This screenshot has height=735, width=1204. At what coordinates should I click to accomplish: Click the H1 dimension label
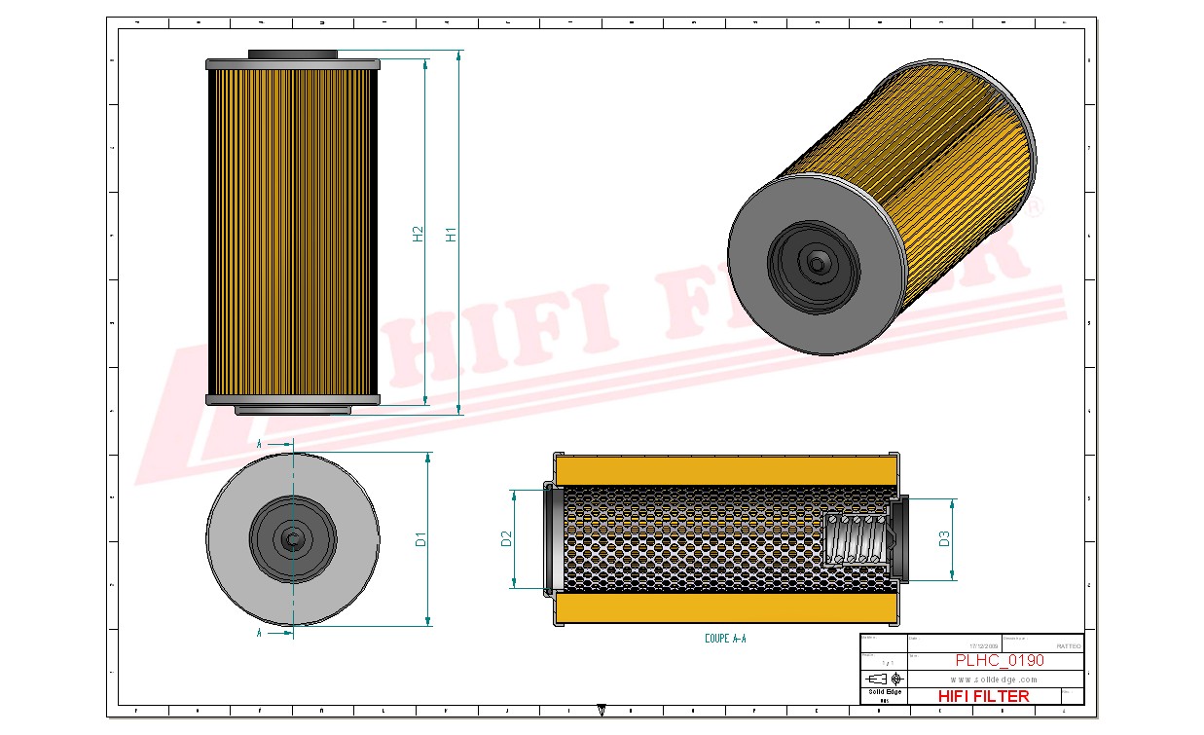pos(451,235)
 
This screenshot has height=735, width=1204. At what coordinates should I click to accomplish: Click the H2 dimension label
pos(419,235)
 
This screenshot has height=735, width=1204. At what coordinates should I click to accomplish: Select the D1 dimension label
pos(421,538)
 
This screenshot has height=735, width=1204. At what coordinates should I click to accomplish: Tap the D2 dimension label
pos(506,538)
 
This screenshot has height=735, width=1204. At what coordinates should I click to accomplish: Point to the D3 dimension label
pos(945,538)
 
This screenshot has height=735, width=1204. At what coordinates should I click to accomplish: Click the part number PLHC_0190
pos(999,660)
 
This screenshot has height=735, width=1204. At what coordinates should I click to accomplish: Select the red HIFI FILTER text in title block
pos(983,696)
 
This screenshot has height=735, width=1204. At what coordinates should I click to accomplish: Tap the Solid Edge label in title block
pos(885,692)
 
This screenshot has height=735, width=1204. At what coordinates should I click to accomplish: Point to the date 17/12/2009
pos(984,645)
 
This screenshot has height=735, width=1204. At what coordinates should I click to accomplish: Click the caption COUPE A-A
pos(725,640)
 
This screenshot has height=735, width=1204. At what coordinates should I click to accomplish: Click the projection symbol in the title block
pos(885,678)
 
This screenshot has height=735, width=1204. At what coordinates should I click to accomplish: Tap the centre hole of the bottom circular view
pos(292,538)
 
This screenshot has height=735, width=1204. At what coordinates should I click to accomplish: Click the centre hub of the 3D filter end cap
pos(815,261)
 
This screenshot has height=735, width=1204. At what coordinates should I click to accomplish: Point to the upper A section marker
pos(259,444)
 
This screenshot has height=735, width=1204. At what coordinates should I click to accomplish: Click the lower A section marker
pos(259,633)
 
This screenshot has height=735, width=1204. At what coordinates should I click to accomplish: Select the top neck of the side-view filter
pos(292,54)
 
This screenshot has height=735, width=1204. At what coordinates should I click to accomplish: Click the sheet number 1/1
pos(885,662)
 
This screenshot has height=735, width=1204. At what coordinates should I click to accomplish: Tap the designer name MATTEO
pos(1068,645)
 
